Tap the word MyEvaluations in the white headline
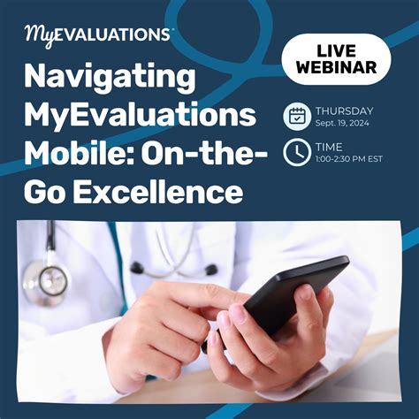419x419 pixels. tap(141, 116)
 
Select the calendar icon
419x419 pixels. tap(296, 116)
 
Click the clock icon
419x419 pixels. tap(296, 152)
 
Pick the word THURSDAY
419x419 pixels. tap(344, 110)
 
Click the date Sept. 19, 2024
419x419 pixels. tap(340, 124)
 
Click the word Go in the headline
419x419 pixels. tap(46, 190)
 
